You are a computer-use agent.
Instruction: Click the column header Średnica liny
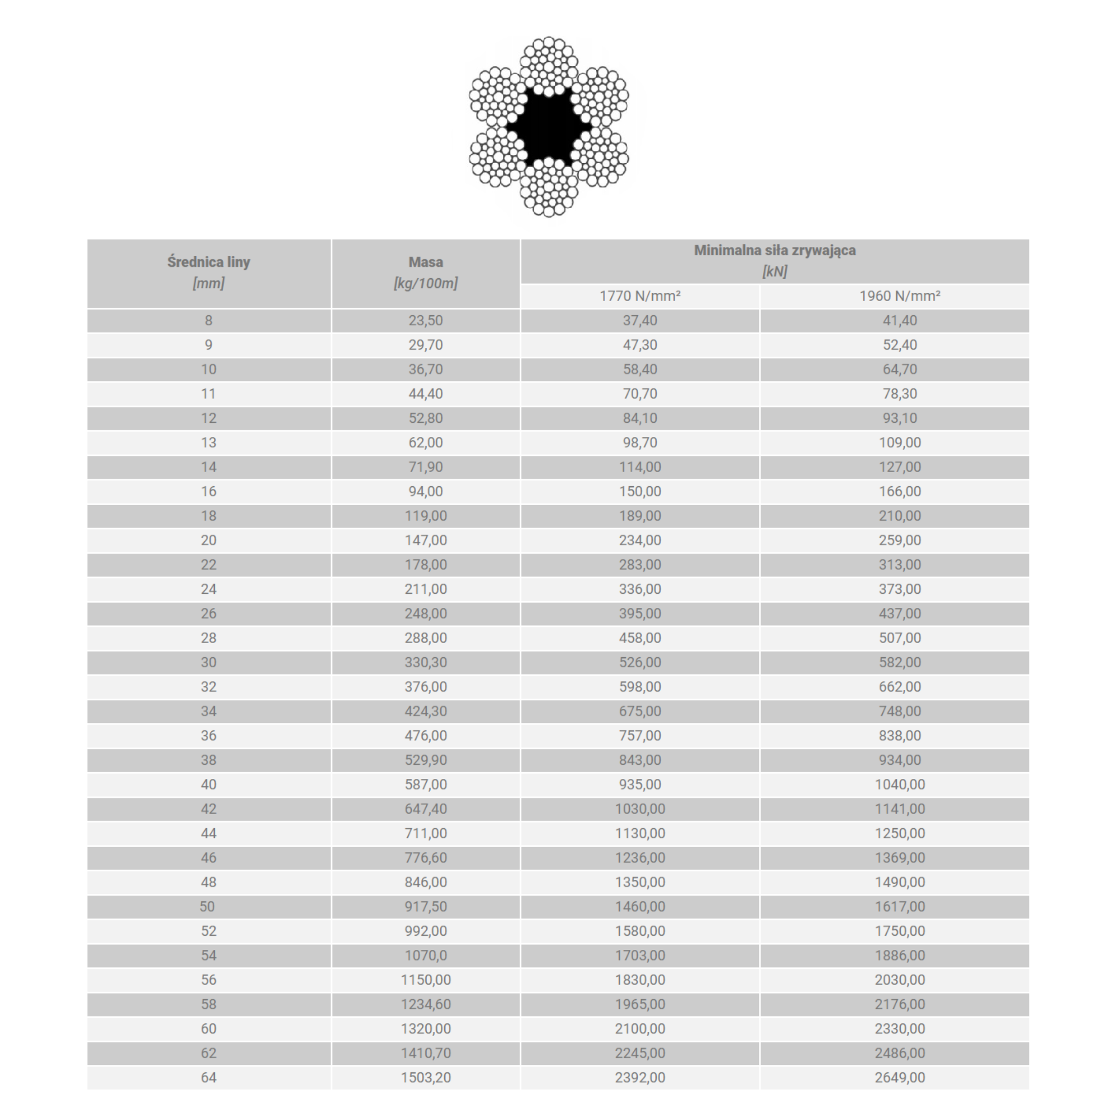(208, 262)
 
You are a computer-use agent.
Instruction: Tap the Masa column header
(425, 262)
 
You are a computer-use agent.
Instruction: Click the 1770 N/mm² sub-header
(640, 296)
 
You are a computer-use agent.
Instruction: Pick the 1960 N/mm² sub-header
(899, 296)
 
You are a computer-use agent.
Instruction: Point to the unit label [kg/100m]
(425, 284)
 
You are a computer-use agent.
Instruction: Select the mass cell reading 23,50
(425, 321)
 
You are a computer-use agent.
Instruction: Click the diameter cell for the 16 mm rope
(208, 492)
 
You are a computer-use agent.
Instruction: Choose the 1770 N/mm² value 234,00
(640, 540)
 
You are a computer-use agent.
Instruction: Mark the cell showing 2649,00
(899, 1078)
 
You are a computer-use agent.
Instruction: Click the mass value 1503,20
(425, 1078)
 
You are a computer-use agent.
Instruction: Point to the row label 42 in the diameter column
(208, 809)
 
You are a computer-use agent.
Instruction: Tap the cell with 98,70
(640, 443)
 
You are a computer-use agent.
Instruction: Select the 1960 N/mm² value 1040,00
(899, 785)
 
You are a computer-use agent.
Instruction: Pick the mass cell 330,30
(425, 663)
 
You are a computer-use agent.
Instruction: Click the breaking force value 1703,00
(640, 955)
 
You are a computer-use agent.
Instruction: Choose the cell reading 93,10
(899, 418)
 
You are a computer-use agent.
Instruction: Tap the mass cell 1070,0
(425, 955)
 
